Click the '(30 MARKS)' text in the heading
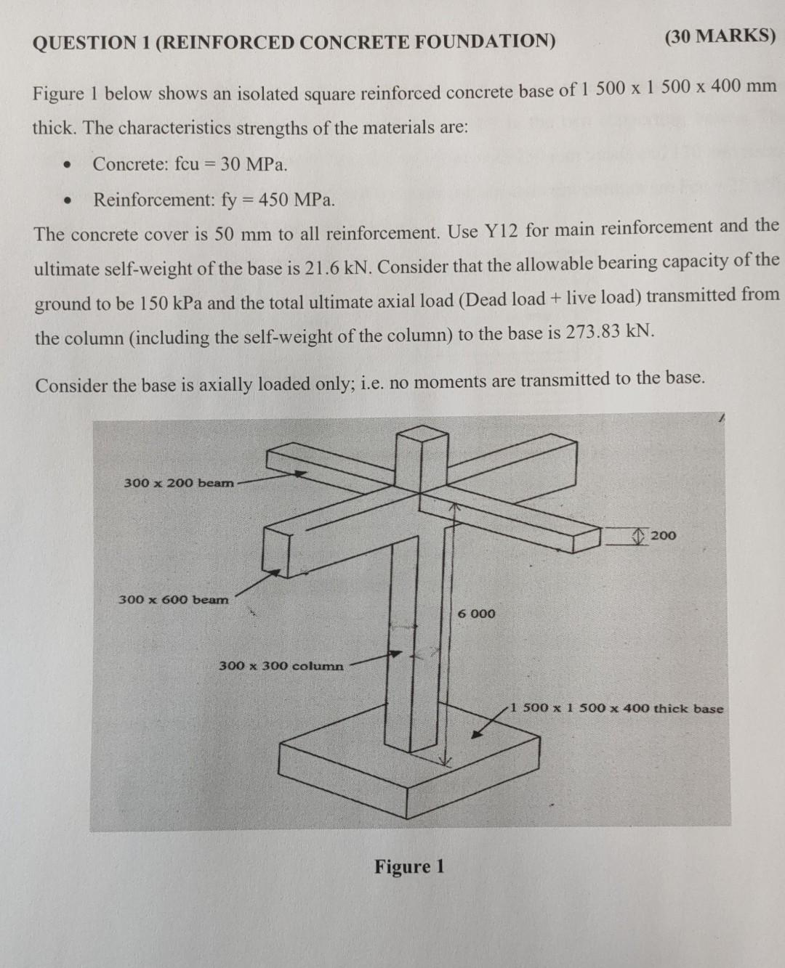720,36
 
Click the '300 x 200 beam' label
179,483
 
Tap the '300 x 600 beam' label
173,600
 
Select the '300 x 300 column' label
281,666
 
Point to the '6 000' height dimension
477,614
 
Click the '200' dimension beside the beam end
663,536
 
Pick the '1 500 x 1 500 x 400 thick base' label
616,708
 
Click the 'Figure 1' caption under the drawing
409,866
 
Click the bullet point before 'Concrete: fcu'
68,164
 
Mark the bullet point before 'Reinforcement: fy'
68,200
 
